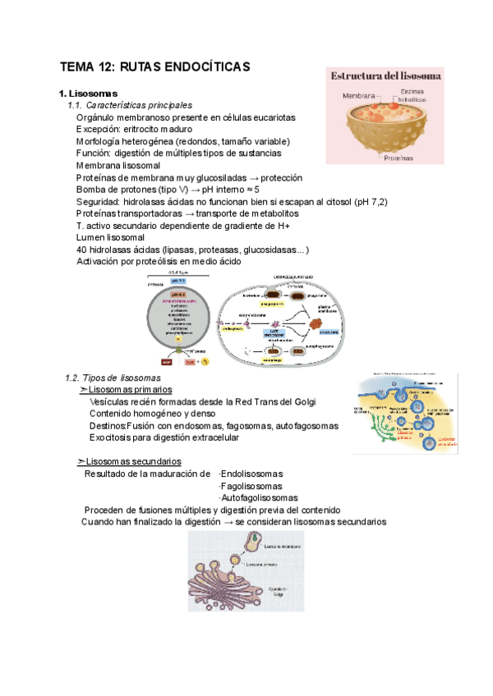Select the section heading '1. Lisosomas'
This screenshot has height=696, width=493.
[88, 93]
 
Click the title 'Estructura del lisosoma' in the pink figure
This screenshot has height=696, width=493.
[387, 76]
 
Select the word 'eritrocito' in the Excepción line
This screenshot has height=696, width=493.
[150, 129]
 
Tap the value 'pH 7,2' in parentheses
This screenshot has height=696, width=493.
[371, 201]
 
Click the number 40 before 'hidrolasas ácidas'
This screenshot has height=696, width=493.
[81, 249]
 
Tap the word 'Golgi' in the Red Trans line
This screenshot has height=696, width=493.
[302, 401]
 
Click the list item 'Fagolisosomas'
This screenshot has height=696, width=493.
[249, 485]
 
